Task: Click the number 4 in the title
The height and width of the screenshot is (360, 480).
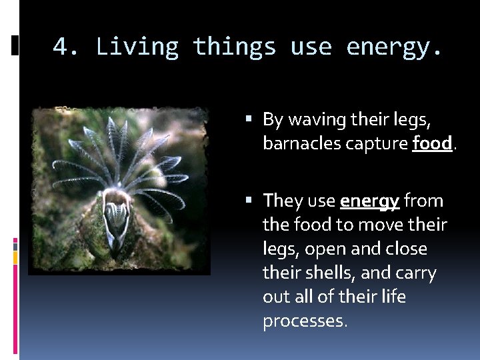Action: coord(61,47)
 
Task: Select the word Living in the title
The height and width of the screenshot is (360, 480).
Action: coord(137,47)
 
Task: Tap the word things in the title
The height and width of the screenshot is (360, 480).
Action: coord(234,47)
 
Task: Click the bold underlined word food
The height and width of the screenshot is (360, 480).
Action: coord(432,144)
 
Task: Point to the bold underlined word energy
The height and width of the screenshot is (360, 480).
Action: coord(369,201)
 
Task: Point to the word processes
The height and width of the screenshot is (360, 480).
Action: coord(304,321)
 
